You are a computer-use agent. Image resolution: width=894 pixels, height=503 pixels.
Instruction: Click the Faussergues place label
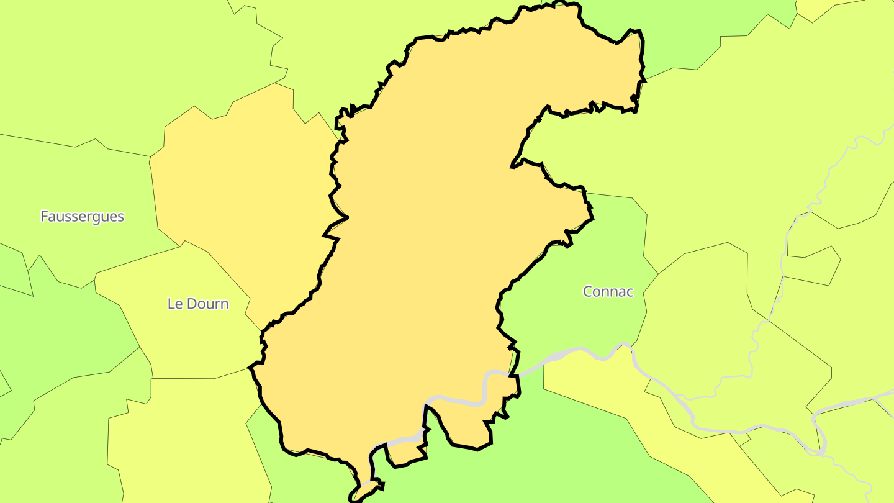pos(82,217)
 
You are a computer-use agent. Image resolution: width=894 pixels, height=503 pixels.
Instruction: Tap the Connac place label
pos(608,291)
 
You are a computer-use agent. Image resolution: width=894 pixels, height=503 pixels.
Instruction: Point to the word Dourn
pos(207,304)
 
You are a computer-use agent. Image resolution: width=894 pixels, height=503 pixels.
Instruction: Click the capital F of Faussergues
pos(45,217)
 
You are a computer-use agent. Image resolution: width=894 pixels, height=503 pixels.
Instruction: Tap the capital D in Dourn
pos(191,304)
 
